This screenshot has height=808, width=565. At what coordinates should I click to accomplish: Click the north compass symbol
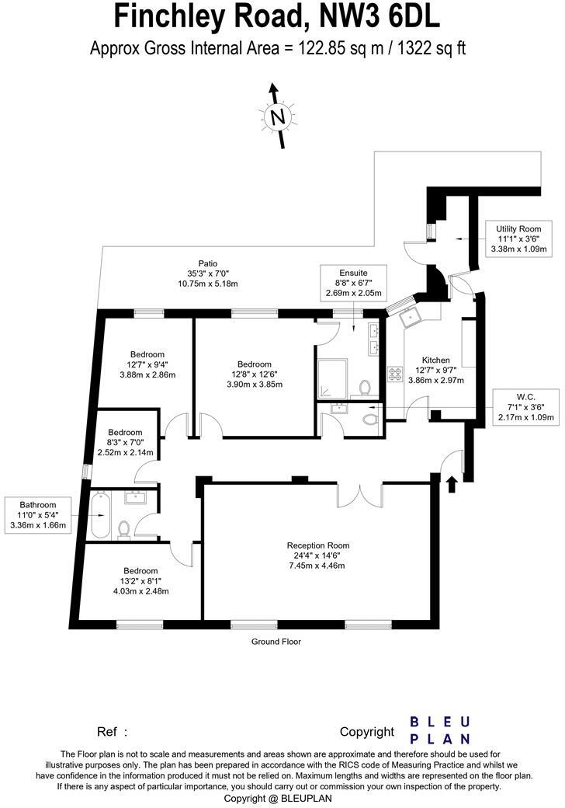(x=277, y=117)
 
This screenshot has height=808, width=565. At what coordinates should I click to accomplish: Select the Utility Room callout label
(x=518, y=229)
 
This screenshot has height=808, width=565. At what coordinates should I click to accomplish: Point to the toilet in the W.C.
(x=369, y=419)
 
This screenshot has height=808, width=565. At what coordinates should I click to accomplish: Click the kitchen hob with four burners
(x=394, y=374)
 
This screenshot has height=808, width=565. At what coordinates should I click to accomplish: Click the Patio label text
(x=207, y=263)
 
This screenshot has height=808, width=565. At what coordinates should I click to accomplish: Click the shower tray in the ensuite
(x=335, y=378)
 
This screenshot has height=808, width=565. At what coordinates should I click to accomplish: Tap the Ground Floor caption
(x=276, y=642)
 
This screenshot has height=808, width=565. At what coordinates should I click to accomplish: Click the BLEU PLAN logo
(x=439, y=730)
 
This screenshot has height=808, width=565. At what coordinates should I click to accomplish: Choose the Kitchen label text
(x=435, y=360)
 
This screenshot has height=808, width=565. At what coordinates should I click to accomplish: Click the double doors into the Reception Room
(x=359, y=495)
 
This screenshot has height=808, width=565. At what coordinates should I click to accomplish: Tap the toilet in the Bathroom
(x=123, y=530)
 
